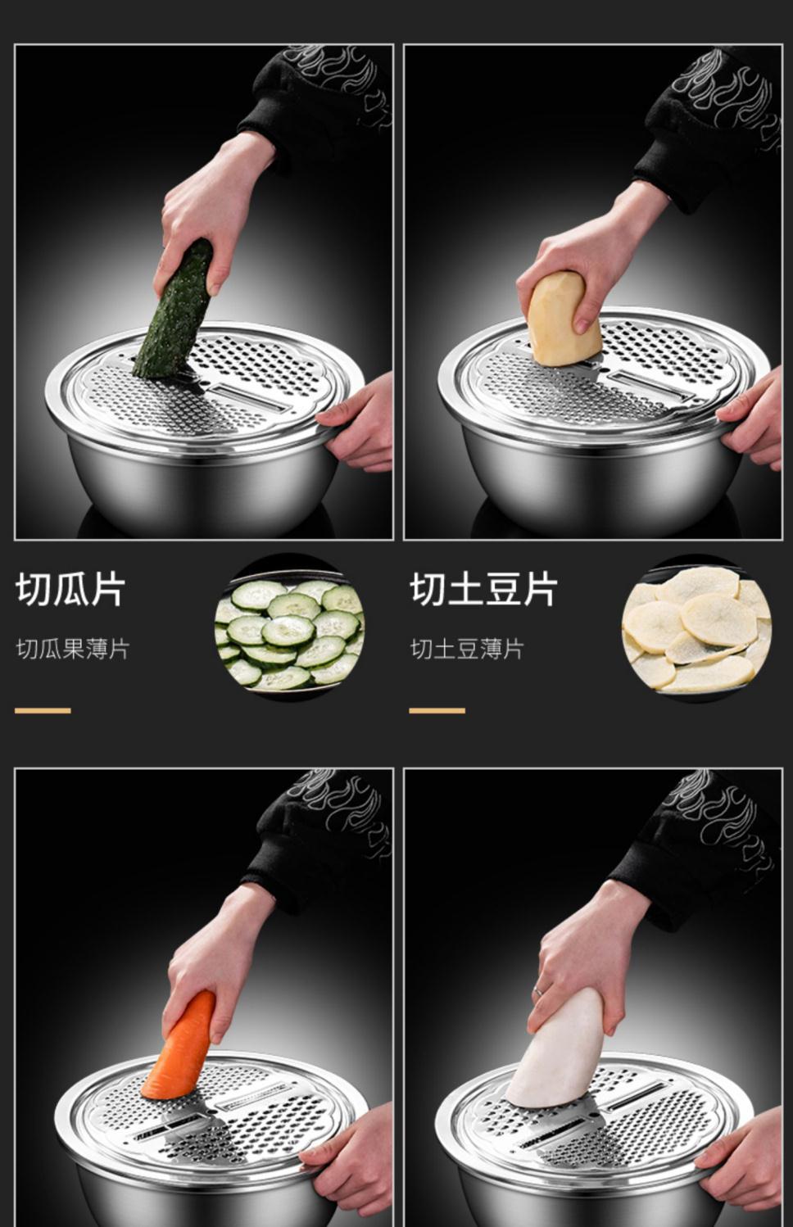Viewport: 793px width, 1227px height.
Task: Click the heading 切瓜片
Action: [70, 590]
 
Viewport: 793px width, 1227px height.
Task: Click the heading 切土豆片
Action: [483, 590]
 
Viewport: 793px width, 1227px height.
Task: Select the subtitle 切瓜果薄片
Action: [73, 650]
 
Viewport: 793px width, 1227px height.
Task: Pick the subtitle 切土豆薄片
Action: [467, 650]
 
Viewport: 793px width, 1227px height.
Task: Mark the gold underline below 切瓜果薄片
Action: [43, 710]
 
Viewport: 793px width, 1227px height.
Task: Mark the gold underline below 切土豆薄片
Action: [437, 710]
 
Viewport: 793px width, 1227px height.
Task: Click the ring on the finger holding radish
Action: [538, 990]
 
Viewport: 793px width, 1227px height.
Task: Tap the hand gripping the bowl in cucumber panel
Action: [360, 422]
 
